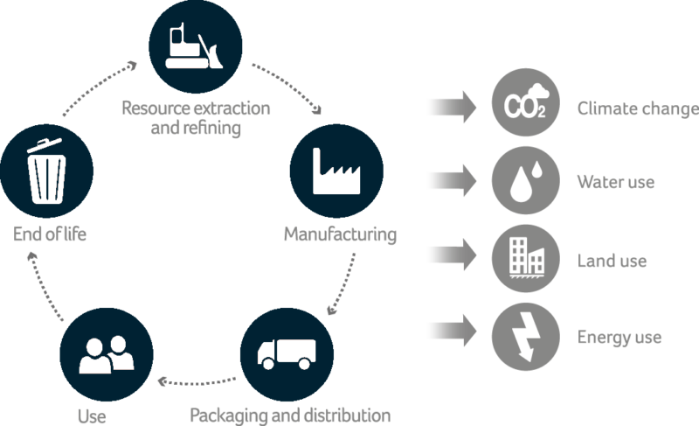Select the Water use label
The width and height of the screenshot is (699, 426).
tap(616, 183)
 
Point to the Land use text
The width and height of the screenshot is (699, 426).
tap(612, 261)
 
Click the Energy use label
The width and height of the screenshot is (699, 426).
tap(619, 337)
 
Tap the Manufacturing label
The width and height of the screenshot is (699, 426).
tap(340, 235)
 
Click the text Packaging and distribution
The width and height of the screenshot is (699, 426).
tap(290, 414)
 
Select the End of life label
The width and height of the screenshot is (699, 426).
tap(50, 234)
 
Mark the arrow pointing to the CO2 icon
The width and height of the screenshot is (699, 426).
tap(451, 108)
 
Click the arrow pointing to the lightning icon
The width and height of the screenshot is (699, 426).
tap(451, 332)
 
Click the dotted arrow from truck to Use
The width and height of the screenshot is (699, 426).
tap(197, 381)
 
